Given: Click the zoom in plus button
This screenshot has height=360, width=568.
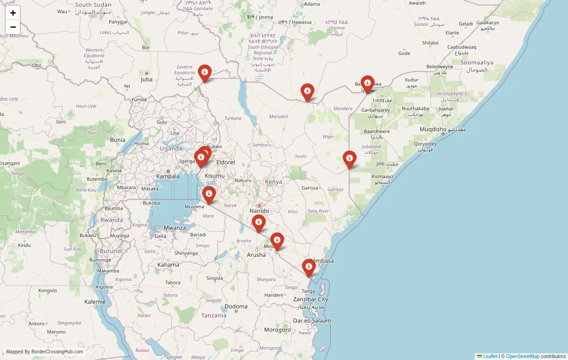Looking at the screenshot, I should pyautogui.click(x=13, y=13).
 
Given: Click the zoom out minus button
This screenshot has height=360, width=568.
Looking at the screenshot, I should pyautogui.click(x=13, y=27).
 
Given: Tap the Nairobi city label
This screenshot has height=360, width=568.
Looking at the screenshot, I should pyautogui.click(x=259, y=211).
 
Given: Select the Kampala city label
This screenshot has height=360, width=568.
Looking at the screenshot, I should pyautogui.click(x=168, y=176).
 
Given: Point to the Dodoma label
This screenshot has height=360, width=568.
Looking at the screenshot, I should pyautogui.click(x=236, y=307).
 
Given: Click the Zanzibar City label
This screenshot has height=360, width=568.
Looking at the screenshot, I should pyautogui.click(x=311, y=299).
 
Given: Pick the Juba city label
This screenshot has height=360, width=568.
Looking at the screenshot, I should pyautogui.click(x=146, y=79).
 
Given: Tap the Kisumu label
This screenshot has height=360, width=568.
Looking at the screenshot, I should pyautogui.click(x=214, y=176).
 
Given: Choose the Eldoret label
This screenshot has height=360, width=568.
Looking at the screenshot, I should pyautogui.click(x=225, y=162).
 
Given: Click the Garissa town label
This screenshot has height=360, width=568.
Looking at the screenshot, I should pyautogui.click(x=310, y=188).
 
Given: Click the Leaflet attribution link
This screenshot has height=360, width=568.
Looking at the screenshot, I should pyautogui.click(x=490, y=356).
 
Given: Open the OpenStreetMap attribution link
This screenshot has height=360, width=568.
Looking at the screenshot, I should pyautogui.click(x=523, y=356).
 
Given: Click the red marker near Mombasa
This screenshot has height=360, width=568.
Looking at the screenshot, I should pyautogui.click(x=309, y=267).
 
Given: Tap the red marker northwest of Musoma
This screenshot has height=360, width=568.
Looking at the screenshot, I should pyautogui.click(x=209, y=194).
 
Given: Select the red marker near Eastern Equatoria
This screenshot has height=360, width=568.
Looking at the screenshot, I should pyautogui.click(x=204, y=72).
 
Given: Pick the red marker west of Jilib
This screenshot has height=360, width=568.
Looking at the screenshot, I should pyautogui.click(x=349, y=158).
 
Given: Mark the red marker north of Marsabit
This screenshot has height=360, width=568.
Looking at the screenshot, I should pyautogui.click(x=307, y=91).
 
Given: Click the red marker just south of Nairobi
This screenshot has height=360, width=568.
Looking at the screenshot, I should pyautogui.click(x=258, y=222).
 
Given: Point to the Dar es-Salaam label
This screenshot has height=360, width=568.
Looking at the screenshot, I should pyautogui.click(x=312, y=321).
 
